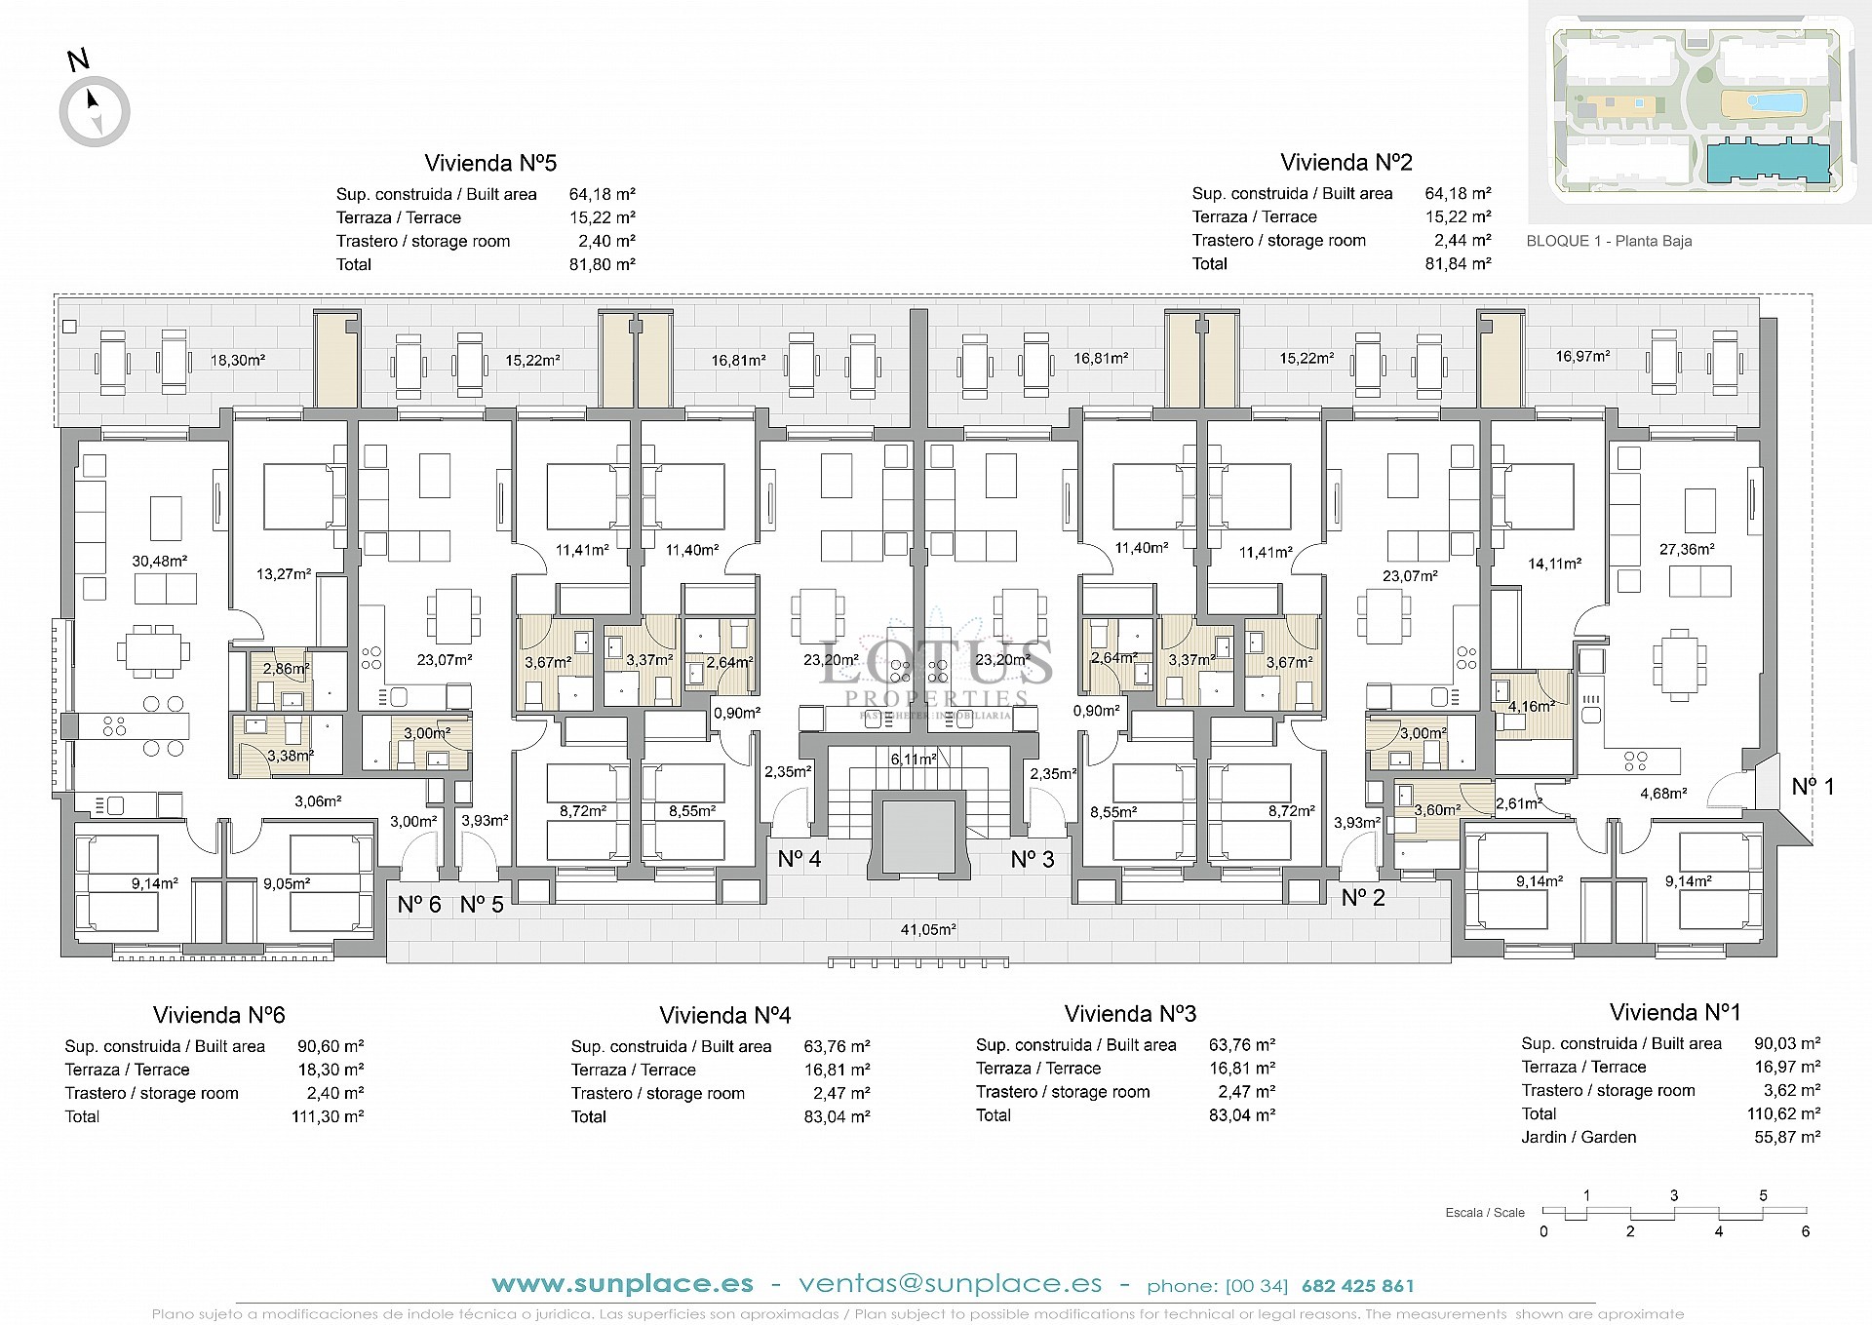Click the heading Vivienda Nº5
tap(490, 163)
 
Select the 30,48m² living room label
tap(159, 561)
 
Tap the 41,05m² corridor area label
tap(927, 929)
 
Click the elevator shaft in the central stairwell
tap(916, 836)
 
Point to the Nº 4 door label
tap(799, 859)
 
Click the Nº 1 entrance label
tap(1813, 786)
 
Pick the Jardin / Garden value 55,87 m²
tap(1786, 1137)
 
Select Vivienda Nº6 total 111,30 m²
tap(328, 1116)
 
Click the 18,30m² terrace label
tap(238, 360)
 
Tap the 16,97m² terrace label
tap(1582, 357)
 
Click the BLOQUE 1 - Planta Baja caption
tap(1609, 241)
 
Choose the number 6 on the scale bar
tap(1805, 1231)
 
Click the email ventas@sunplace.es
tap(950, 1284)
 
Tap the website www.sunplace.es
tap(622, 1284)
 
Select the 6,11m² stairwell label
tap(913, 759)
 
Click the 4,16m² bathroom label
tap(1531, 706)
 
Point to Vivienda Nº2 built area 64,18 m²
tap(1458, 193)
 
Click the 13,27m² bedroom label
tap(284, 574)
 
